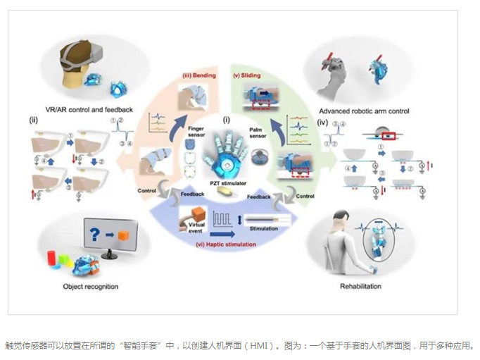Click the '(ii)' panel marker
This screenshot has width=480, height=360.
32,120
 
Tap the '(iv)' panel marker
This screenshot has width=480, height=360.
323,121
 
